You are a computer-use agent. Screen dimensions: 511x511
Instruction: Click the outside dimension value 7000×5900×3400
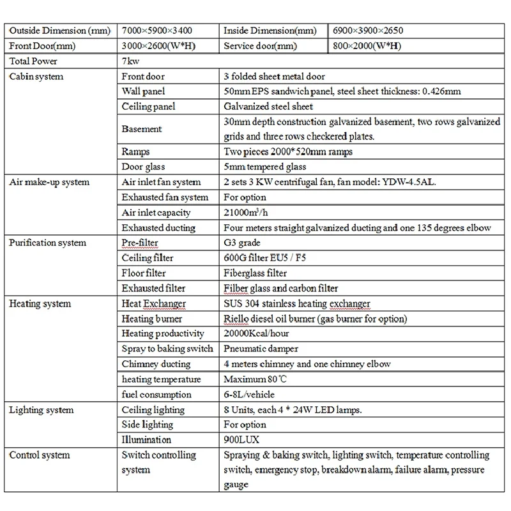point(162,31)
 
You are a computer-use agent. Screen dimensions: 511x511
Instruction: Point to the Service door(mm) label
point(260,47)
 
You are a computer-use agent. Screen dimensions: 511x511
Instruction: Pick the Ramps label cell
point(135,152)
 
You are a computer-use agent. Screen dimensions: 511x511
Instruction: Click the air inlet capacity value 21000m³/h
point(249,213)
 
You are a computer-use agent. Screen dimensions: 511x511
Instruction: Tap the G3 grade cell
point(242,243)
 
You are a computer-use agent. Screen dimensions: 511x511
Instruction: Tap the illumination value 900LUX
point(242,439)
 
